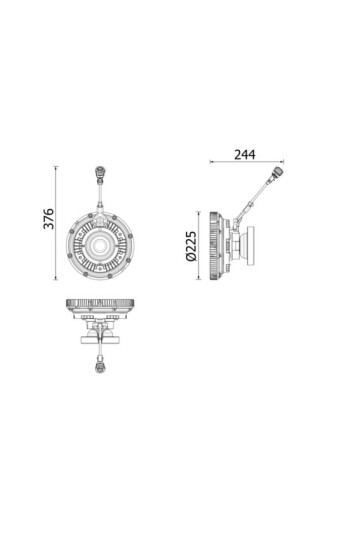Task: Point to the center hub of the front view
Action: (x=101, y=245)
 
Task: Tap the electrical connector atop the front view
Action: (x=100, y=175)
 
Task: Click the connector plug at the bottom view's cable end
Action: (x=100, y=369)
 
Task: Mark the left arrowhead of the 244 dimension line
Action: (x=211, y=163)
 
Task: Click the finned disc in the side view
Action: (x=216, y=245)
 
